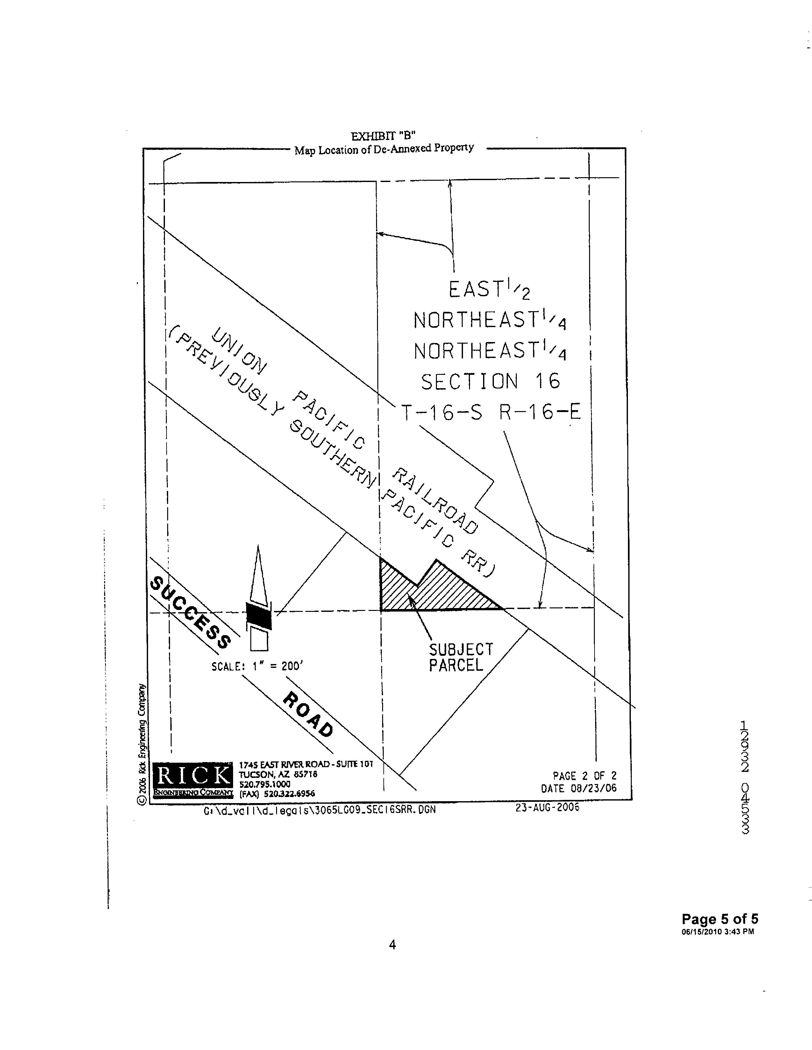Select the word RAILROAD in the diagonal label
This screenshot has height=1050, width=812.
[x=435, y=500]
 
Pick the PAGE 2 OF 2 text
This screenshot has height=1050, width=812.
[x=584, y=775]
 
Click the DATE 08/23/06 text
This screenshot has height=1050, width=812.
[x=578, y=788]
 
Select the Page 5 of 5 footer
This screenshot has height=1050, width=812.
[x=720, y=919]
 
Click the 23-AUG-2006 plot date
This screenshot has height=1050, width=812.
[x=547, y=807]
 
